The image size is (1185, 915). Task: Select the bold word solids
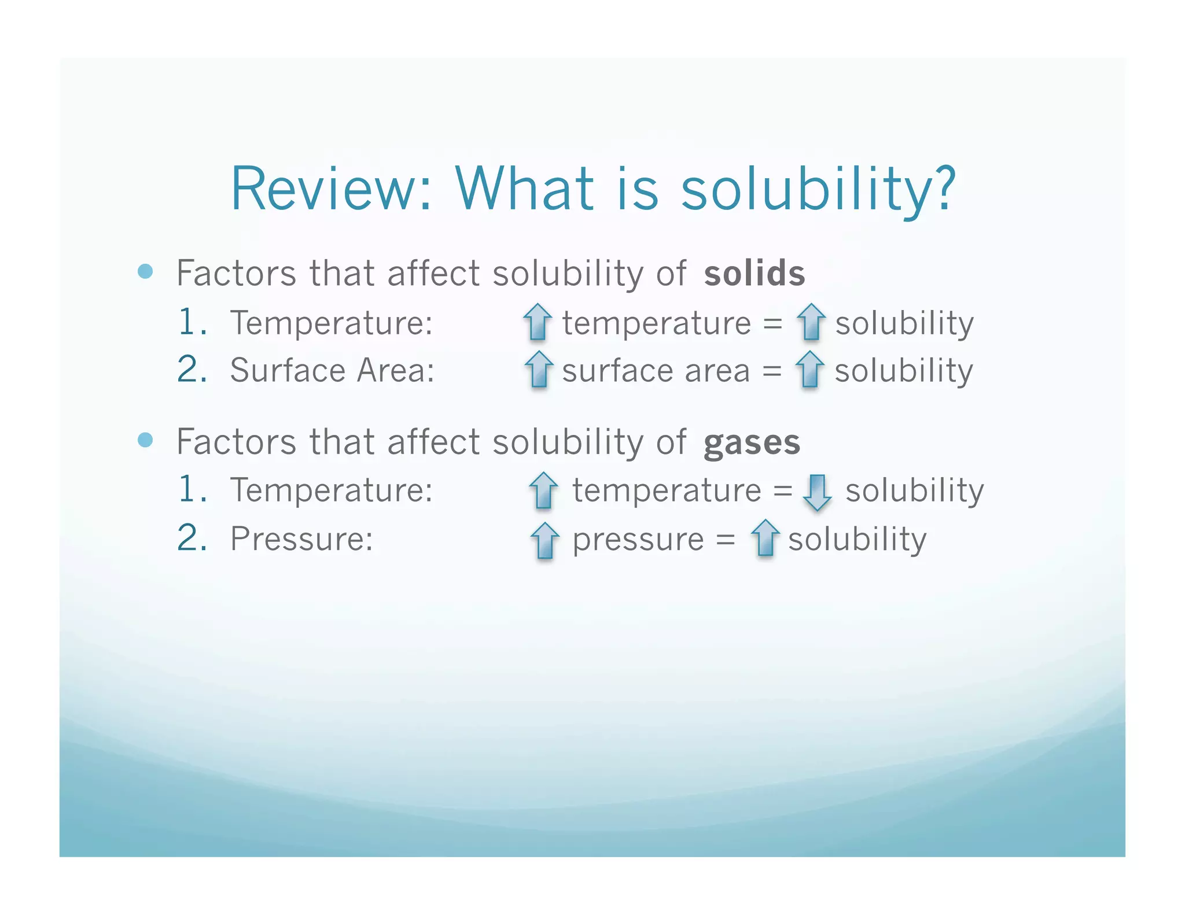pyautogui.click(x=754, y=274)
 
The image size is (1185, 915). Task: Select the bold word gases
pyautogui.click(x=752, y=443)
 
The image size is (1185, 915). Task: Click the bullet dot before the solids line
pyautogui.click(x=146, y=271)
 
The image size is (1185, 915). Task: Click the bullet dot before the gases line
pyautogui.click(x=146, y=440)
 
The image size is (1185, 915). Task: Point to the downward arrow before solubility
pyautogui.click(x=817, y=492)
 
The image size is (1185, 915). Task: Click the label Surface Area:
pyautogui.click(x=332, y=370)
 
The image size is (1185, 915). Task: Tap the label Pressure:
pyautogui.click(x=301, y=539)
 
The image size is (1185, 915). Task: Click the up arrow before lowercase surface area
pyautogui.click(x=539, y=369)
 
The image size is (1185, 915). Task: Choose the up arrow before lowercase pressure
pyautogui.click(x=544, y=540)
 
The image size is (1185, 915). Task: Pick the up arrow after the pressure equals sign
pyautogui.click(x=765, y=538)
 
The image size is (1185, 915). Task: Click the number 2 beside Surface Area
pyautogui.click(x=192, y=369)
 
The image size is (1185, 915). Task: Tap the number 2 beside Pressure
pyautogui.click(x=192, y=538)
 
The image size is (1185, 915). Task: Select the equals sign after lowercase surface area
pyautogui.click(x=772, y=371)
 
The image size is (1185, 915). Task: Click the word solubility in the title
pyautogui.click(x=818, y=189)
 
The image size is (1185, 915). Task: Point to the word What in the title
pyautogui.click(x=524, y=189)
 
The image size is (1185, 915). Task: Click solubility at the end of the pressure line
pyautogui.click(x=857, y=540)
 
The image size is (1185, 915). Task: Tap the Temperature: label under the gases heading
pyautogui.click(x=332, y=490)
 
